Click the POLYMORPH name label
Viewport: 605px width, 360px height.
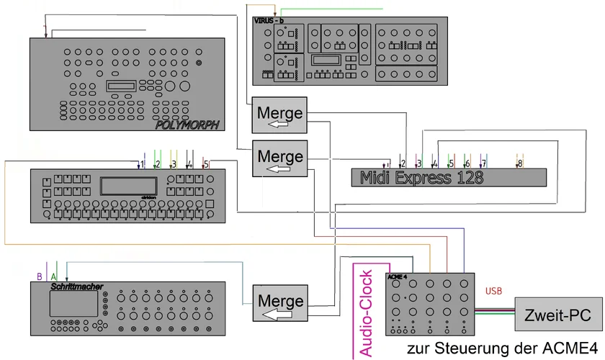point(186,125)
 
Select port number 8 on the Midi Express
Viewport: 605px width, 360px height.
point(520,164)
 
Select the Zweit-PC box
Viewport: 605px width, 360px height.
point(553,315)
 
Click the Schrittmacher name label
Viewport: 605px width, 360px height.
point(73,286)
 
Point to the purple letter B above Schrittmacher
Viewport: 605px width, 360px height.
point(39,276)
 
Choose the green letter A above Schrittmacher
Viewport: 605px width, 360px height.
point(53,276)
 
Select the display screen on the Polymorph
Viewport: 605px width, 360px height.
point(125,86)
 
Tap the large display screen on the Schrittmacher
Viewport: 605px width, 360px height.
point(73,304)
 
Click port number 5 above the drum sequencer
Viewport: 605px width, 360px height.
point(206,164)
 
